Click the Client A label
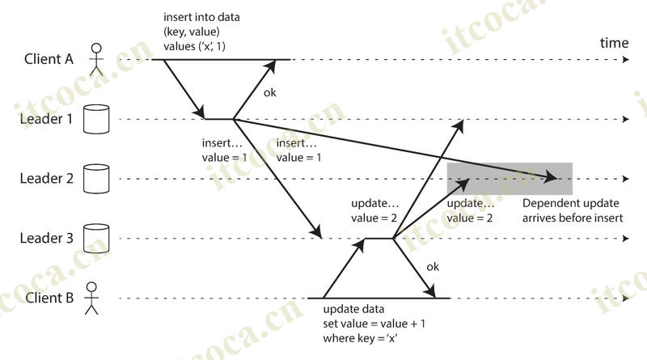(48, 59)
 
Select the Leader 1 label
(46, 119)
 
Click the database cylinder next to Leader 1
(97, 119)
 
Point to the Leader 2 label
(47, 178)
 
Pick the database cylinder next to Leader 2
(97, 178)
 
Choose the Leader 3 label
(47, 238)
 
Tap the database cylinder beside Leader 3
(97, 238)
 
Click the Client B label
(48, 298)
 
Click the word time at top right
(614, 42)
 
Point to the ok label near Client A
(270, 92)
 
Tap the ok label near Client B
(433, 266)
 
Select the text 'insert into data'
(201, 17)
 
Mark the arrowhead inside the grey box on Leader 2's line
(552, 176)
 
